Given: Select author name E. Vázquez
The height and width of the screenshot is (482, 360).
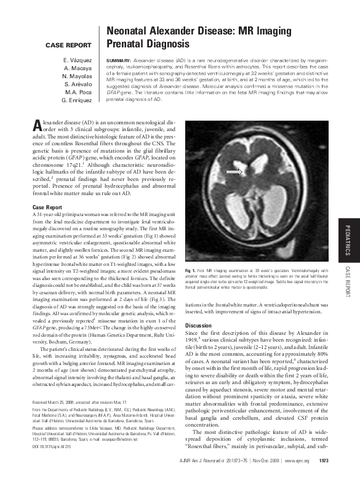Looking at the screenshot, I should pyautogui.click(x=80, y=60).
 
